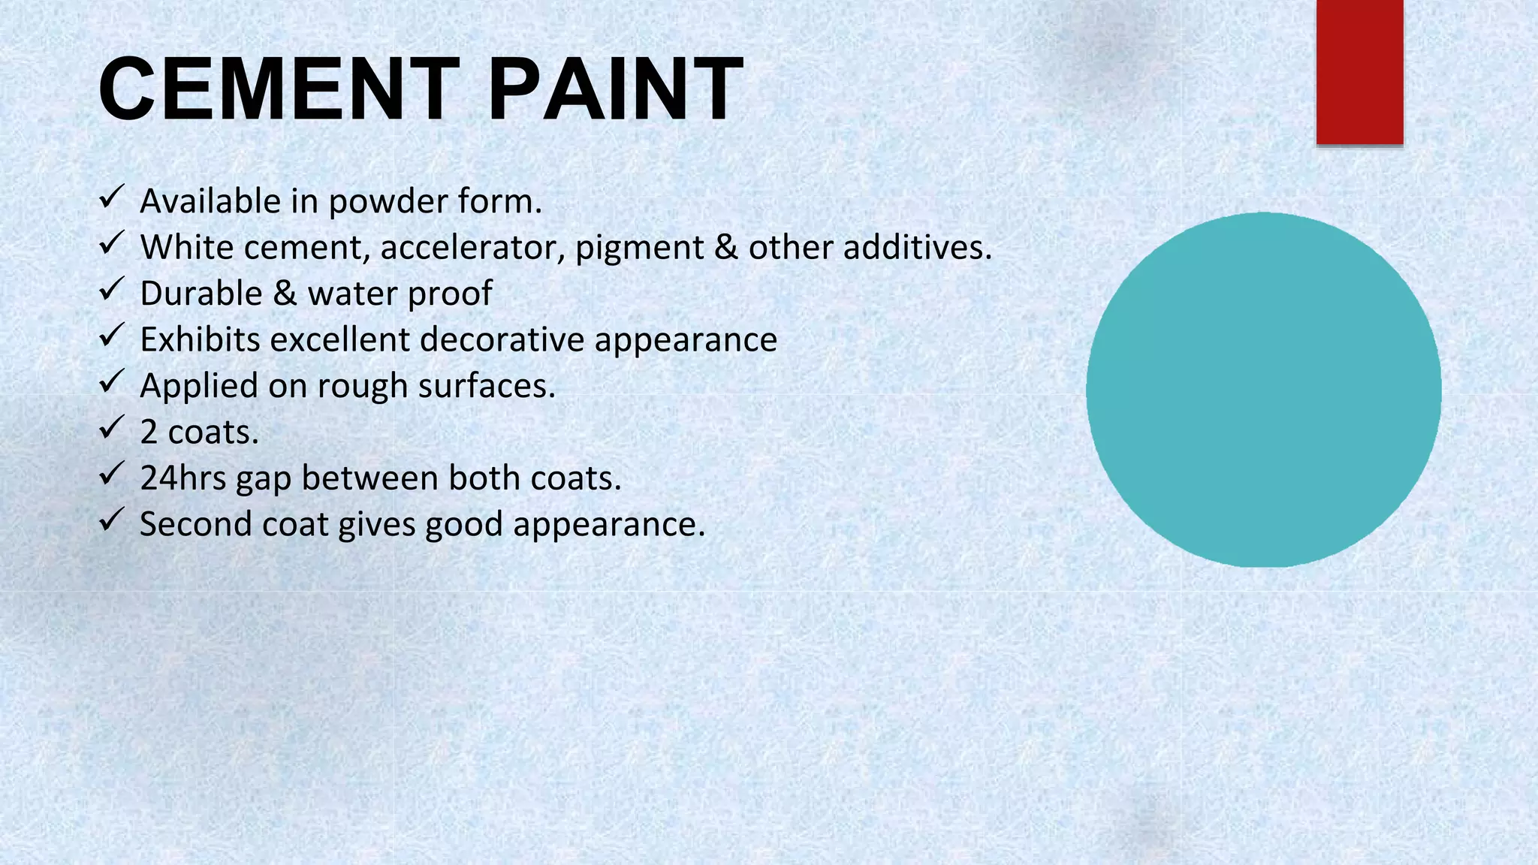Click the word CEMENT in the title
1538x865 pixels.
click(x=278, y=90)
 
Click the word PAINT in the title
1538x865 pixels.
click(x=616, y=90)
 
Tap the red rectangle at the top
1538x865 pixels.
click(x=1359, y=71)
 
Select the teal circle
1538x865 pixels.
click(x=1263, y=390)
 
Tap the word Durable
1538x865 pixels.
click(x=201, y=294)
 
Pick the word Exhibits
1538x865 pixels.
click(x=200, y=339)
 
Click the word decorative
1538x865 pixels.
click(x=502, y=339)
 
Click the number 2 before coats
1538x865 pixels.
click(x=149, y=432)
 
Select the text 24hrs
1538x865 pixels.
click(x=182, y=478)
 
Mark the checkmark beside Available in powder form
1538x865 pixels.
click(x=111, y=198)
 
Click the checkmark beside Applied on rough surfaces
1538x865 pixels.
click(x=111, y=382)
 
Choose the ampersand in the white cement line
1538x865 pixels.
click(x=725, y=248)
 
